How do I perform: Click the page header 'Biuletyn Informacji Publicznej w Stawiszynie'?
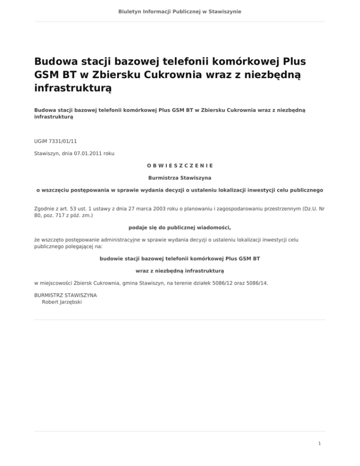tap(180, 11)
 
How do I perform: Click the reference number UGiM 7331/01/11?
tap(52, 140)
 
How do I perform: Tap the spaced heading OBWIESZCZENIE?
tap(180, 165)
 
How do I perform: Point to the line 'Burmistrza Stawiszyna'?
tap(180, 178)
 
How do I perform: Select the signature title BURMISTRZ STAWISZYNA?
tap(66, 296)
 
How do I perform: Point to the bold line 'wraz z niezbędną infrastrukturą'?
tap(180, 271)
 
